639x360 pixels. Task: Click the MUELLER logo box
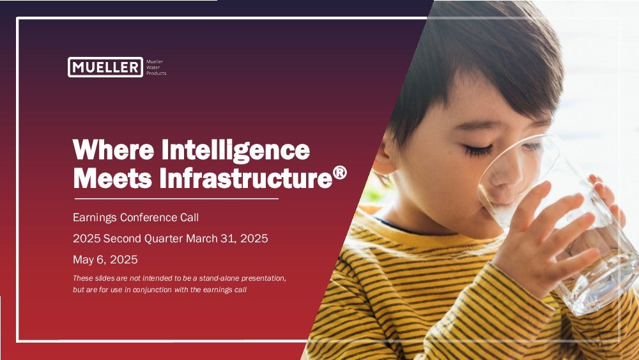(x=105, y=67)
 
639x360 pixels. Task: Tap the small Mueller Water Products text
(x=156, y=67)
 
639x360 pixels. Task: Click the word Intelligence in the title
(x=236, y=150)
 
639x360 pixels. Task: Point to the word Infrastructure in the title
(x=246, y=178)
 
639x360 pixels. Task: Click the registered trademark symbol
(x=340, y=173)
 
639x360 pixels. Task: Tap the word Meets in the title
(x=112, y=178)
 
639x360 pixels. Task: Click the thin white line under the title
(x=176, y=199)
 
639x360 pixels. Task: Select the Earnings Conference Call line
(x=135, y=217)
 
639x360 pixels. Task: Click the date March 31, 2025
(x=227, y=239)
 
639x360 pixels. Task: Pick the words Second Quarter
(x=143, y=239)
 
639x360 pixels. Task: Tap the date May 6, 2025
(x=105, y=260)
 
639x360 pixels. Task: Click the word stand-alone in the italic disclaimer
(x=219, y=278)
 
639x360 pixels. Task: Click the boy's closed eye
(x=478, y=151)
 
